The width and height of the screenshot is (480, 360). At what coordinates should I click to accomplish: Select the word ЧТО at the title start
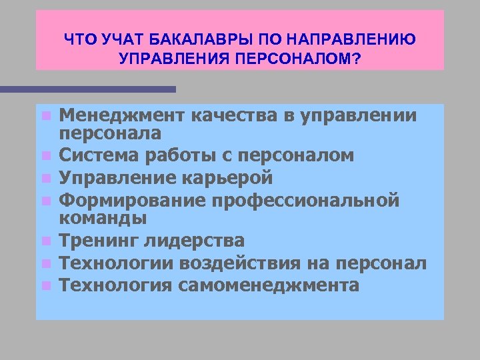pyautogui.click(x=80, y=41)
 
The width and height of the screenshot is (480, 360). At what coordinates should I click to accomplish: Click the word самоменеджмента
pyautogui.click(x=269, y=285)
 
